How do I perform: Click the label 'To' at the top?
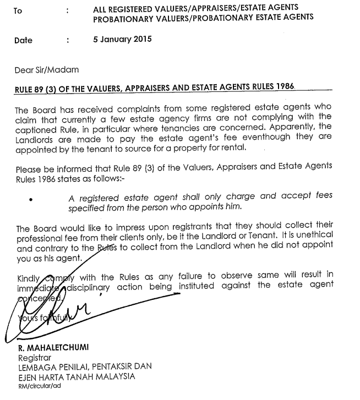[17, 10]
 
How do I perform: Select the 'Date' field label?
[23, 40]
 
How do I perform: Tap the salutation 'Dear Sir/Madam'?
[47, 69]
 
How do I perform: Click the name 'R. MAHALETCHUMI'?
[54, 349]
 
